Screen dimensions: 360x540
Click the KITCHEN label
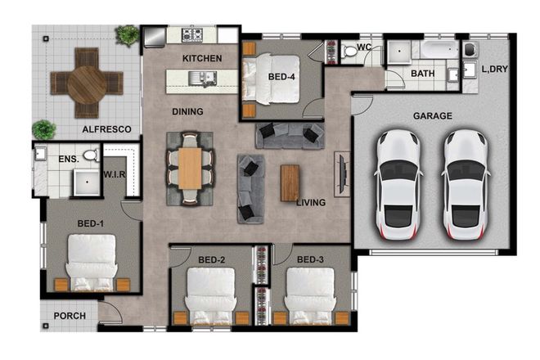202,58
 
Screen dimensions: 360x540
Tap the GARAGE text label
431,116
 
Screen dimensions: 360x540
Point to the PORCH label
70,316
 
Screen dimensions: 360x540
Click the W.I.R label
115,174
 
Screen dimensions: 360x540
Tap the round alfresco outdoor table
86,83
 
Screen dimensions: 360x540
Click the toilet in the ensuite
91,155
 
